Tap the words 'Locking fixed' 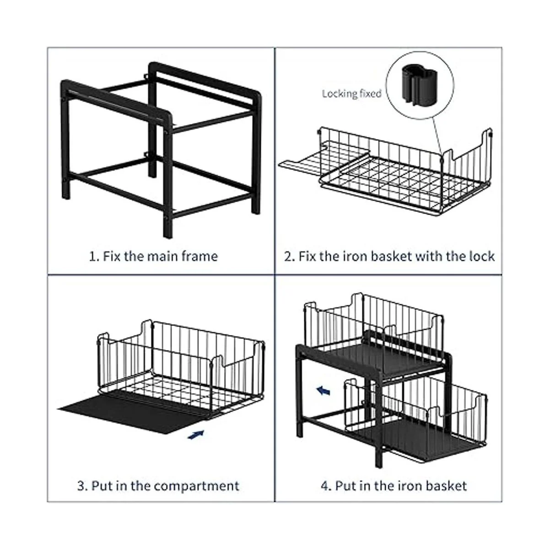coord(351,93)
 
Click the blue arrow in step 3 coord(196,435)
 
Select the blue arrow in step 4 coord(323,391)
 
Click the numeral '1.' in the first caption coord(94,256)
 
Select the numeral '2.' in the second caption coord(290,256)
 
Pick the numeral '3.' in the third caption coord(83,486)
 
